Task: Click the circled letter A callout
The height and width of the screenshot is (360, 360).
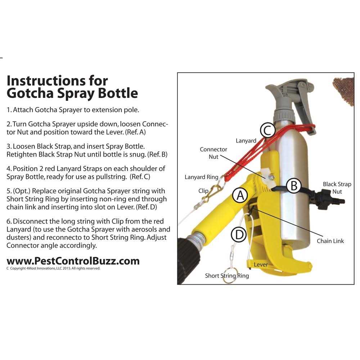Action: point(240,195)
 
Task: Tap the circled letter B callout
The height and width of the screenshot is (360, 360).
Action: point(294,185)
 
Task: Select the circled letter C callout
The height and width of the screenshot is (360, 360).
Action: point(267,130)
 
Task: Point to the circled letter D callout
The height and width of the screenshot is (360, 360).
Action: point(239,235)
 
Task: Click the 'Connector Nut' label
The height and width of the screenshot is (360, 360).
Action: point(213,153)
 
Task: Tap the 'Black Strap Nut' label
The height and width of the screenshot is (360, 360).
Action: point(337,188)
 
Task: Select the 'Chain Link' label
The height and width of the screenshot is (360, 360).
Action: point(330,241)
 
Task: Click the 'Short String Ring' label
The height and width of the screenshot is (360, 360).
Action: point(227,275)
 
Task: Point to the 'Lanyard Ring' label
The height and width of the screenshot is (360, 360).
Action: point(201,177)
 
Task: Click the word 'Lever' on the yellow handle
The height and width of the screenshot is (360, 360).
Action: point(261,265)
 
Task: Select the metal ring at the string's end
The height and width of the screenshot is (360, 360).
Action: point(229,276)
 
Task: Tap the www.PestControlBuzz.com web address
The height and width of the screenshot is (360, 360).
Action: point(73,261)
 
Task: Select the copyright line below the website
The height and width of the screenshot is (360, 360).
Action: point(53,268)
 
